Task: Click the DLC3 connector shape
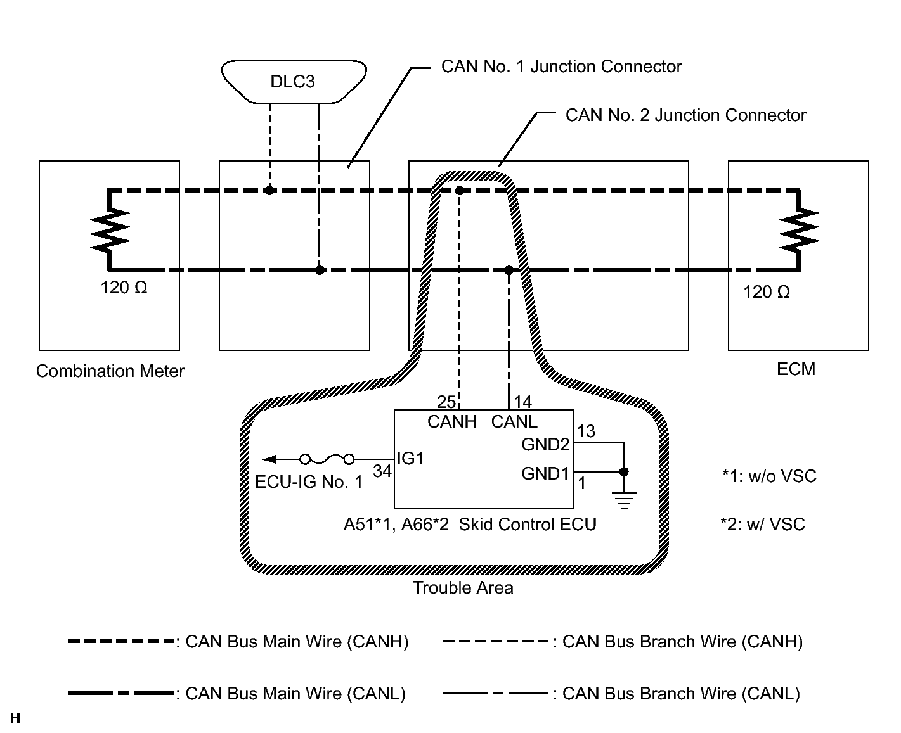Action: click(294, 82)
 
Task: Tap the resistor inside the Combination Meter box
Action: click(110, 230)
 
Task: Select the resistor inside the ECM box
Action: click(800, 230)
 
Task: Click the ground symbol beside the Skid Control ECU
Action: click(624, 500)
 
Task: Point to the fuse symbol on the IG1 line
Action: click(327, 459)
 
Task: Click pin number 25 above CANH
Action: click(446, 402)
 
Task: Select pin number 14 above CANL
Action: click(523, 402)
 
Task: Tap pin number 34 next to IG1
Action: click(382, 471)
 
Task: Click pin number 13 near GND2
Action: click(587, 431)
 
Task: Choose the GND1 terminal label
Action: click(545, 473)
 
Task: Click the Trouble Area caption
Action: click(463, 588)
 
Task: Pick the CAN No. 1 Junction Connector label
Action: click(561, 67)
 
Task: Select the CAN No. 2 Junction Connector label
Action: click(685, 115)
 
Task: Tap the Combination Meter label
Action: click(110, 371)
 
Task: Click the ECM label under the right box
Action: click(796, 369)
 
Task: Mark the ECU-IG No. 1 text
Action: click(309, 482)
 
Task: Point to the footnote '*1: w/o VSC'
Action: click(769, 476)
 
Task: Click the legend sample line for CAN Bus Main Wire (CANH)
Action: click(120, 641)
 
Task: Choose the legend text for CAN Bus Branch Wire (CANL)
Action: click(681, 694)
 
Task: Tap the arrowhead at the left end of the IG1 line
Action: click(269, 459)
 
